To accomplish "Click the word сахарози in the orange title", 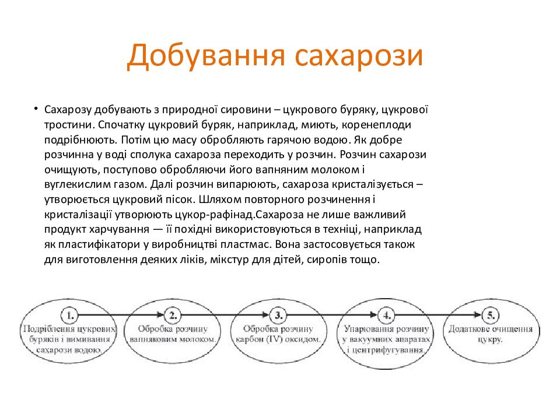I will click(x=359, y=56).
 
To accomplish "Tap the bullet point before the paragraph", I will click(x=36, y=109).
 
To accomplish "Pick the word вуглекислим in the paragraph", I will click(x=75, y=184).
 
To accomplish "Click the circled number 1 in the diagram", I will click(x=69, y=316).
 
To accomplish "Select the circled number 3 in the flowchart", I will click(x=279, y=316).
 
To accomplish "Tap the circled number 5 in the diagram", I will click(x=491, y=316).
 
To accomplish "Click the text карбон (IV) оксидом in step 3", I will click(x=278, y=339).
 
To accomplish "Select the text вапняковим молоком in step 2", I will click(x=173, y=339).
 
